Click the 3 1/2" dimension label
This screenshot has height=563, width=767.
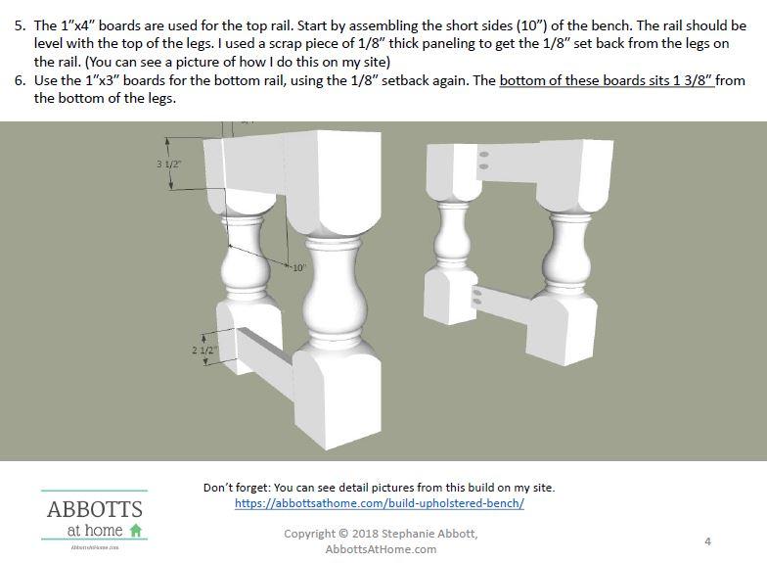(168, 164)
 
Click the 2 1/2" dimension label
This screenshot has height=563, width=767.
(203, 351)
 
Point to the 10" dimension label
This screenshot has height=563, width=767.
(298, 268)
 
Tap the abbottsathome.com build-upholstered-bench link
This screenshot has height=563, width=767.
(380, 503)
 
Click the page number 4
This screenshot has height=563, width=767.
(708, 540)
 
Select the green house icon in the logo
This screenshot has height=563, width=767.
(135, 530)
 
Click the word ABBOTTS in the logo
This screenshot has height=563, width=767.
(95, 509)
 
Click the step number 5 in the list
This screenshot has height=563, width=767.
(20, 25)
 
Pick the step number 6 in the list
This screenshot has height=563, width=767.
(20, 80)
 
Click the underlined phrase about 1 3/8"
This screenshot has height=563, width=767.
(607, 80)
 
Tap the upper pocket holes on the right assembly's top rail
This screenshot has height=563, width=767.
(483, 161)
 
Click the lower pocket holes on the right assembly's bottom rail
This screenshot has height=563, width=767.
(477, 298)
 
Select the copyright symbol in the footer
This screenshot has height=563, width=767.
(343, 534)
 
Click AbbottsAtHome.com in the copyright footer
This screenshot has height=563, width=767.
(382, 549)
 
